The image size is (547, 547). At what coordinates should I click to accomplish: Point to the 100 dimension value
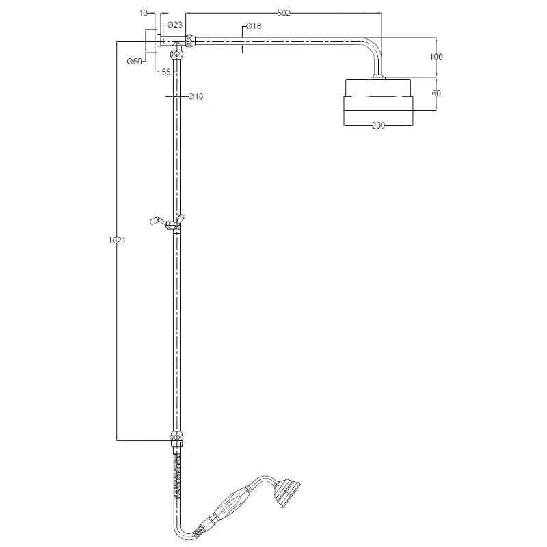pyautogui.click(x=436, y=57)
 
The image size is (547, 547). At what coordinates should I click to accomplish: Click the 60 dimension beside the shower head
pyautogui.click(x=436, y=93)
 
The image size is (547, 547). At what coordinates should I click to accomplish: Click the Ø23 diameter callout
pyautogui.click(x=175, y=25)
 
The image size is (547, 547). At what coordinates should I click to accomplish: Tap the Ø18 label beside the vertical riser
pyautogui.click(x=196, y=96)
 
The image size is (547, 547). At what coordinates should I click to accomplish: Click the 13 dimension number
pyautogui.click(x=143, y=12)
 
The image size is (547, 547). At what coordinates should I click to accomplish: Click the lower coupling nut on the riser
pyautogui.click(x=176, y=438)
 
